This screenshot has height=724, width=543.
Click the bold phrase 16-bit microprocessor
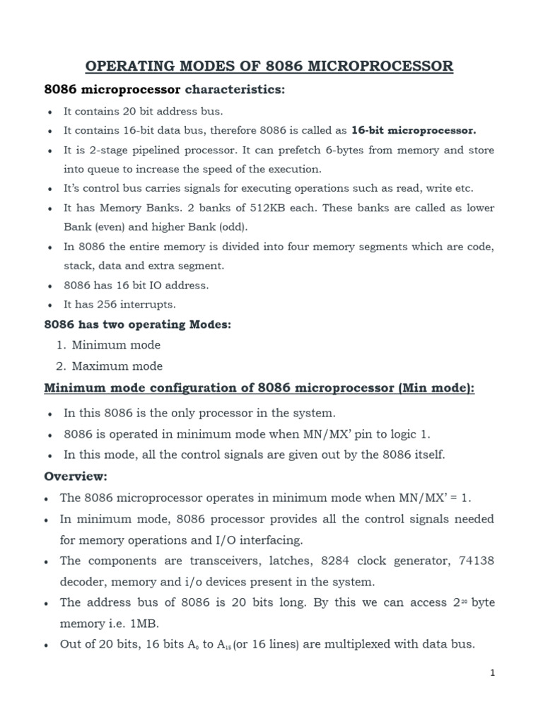[414, 131]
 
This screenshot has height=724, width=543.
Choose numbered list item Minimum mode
[116, 345]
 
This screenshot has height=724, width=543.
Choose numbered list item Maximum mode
[117, 366]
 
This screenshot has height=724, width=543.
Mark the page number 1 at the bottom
[493, 673]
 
